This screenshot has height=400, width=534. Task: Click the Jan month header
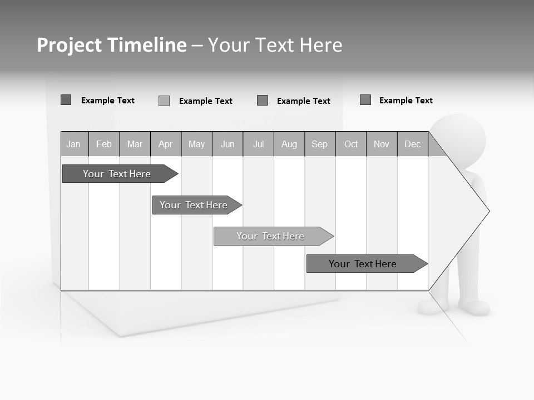(74, 144)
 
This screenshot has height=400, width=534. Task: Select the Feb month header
(104, 144)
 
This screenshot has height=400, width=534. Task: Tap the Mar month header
(135, 144)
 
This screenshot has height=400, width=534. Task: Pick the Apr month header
(166, 144)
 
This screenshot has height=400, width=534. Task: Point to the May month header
(196, 144)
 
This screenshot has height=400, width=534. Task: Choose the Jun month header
(228, 144)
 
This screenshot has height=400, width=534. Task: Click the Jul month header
(258, 144)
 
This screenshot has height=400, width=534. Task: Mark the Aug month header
(289, 144)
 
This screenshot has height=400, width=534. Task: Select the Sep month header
(320, 144)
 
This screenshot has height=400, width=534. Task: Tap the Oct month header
(351, 144)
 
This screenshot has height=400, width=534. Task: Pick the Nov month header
(382, 144)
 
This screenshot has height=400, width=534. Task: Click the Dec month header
(413, 144)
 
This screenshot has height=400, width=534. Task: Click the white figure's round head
(459, 139)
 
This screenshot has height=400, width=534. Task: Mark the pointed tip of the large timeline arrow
(488, 211)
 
